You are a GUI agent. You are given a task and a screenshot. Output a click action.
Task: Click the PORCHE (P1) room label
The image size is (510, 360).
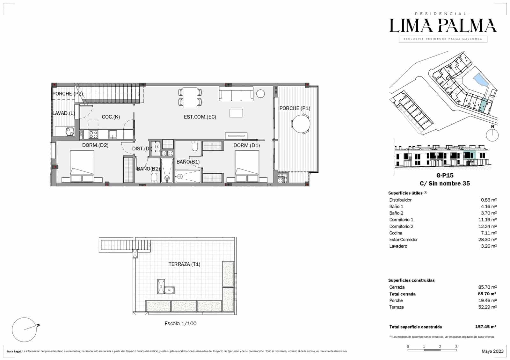[x=295, y=108]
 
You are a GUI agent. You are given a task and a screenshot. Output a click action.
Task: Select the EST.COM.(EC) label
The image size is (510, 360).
[x=200, y=117]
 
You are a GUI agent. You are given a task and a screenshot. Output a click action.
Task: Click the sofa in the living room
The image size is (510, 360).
[x=236, y=93]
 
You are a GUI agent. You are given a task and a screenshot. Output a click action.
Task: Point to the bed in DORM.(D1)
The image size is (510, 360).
[x=247, y=166]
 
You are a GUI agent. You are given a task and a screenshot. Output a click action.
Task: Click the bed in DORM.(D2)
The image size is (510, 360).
[x=82, y=166]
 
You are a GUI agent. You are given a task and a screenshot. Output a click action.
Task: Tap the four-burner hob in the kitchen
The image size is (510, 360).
[x=93, y=134]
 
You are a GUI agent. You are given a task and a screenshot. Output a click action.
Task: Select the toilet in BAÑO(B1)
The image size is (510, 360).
[x=195, y=146]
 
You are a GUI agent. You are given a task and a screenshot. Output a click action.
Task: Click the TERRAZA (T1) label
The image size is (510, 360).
[x=184, y=264]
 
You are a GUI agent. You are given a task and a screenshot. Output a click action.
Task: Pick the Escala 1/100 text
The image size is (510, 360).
[x=180, y=323]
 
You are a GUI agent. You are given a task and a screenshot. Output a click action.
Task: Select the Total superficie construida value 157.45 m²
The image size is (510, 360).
[x=485, y=327]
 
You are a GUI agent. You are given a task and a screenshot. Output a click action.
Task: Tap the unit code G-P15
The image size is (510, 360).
[x=445, y=175]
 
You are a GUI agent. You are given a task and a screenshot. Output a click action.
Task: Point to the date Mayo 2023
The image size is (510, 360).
[x=492, y=351]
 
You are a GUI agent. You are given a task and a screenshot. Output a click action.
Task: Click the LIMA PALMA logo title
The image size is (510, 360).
[x=443, y=26]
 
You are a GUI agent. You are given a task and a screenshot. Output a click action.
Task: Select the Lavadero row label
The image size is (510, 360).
[x=398, y=246]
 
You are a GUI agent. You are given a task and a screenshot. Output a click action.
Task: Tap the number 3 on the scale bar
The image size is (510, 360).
[x=456, y=347]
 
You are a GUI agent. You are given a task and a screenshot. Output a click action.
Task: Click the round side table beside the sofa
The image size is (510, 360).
[x=260, y=94]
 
